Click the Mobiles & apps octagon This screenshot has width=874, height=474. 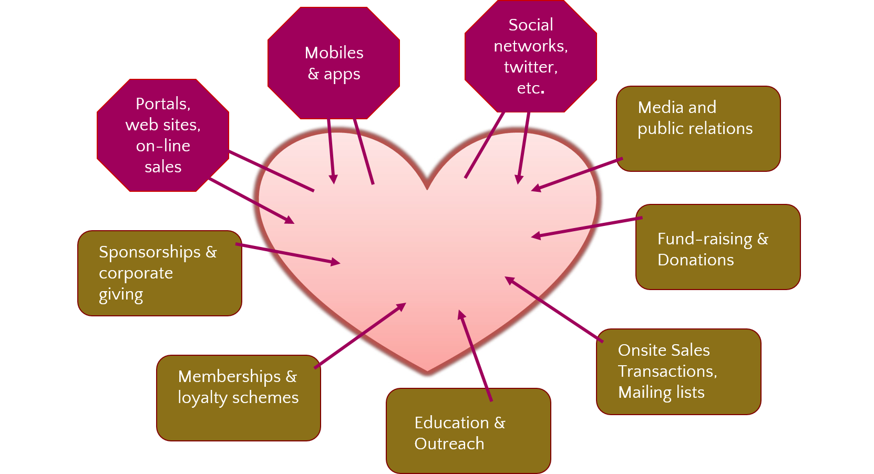[334, 63]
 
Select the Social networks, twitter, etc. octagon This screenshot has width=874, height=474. [530, 56]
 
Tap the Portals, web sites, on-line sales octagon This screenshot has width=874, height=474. [163, 135]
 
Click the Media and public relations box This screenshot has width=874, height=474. [698, 129]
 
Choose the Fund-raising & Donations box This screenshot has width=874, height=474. [717, 247]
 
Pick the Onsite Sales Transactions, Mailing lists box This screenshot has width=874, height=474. [678, 372]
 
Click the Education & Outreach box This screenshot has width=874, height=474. [468, 431]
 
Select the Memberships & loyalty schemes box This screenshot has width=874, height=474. [238, 398]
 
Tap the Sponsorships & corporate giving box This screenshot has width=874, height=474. [160, 273]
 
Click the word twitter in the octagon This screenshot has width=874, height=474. [530, 67]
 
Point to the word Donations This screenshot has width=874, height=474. [695, 260]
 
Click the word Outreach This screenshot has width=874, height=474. [449, 444]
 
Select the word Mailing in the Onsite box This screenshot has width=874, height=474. [645, 393]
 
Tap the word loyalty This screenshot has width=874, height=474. [202, 398]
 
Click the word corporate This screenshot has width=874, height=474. [136, 273]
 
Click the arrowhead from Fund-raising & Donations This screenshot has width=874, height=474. [536, 236]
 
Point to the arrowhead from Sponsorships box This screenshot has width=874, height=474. [336, 262]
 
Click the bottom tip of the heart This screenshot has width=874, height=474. [427, 372]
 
